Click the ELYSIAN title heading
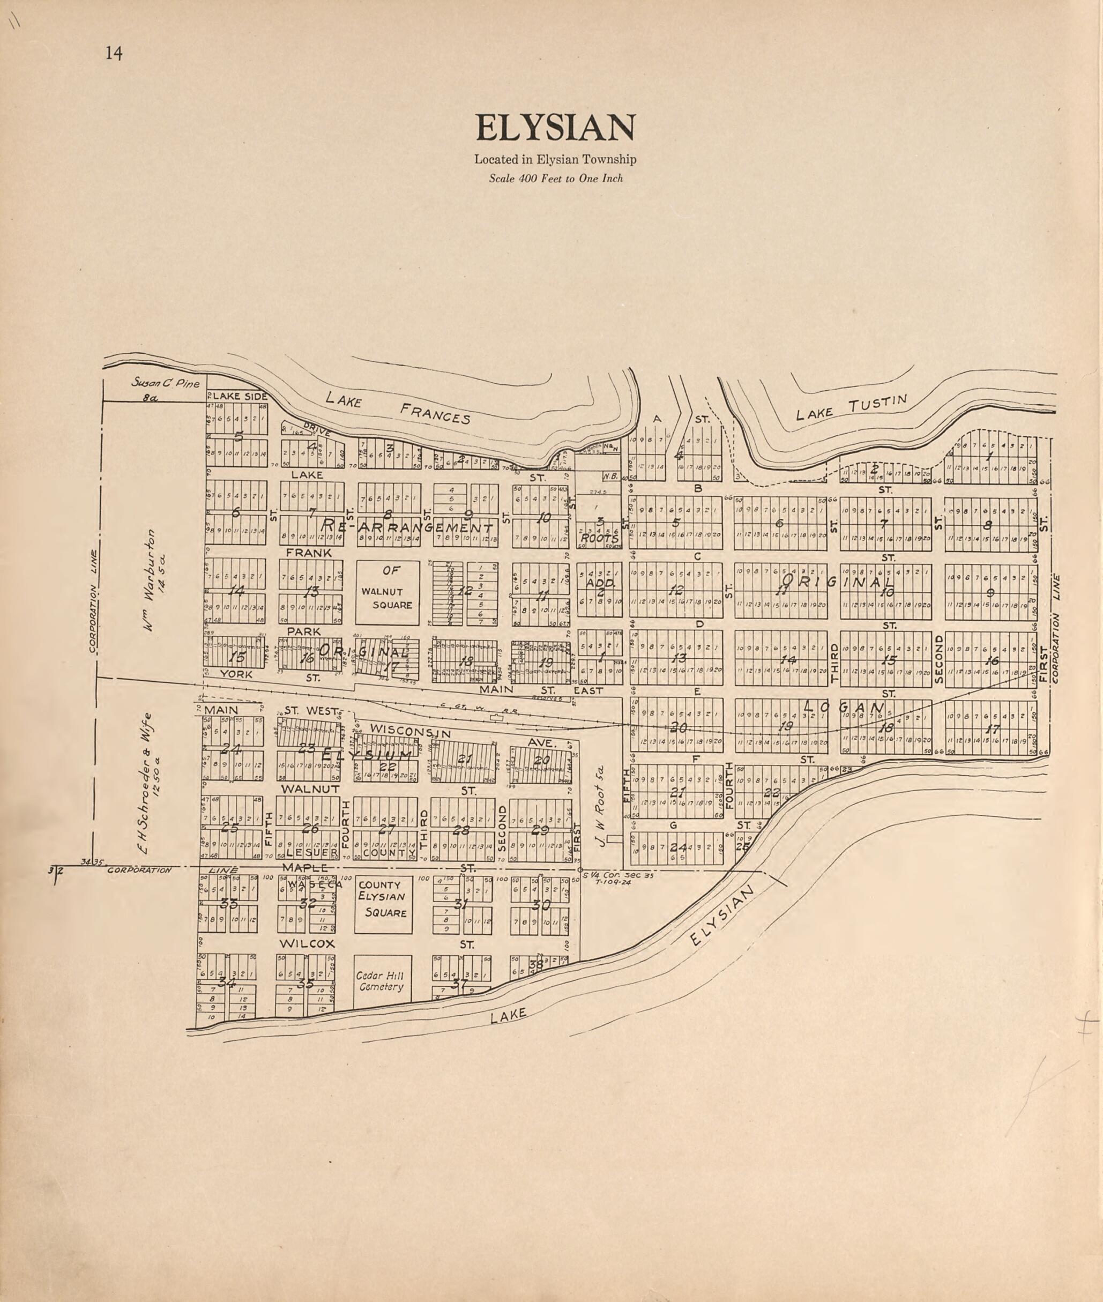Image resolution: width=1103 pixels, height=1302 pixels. (x=555, y=128)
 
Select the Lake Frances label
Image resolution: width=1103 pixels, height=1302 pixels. (x=398, y=408)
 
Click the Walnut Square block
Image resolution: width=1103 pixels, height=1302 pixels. (x=387, y=592)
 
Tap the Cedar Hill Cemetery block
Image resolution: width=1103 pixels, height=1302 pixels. (x=382, y=981)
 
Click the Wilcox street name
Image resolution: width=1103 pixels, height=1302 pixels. (x=307, y=943)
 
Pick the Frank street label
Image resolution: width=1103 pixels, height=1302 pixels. (x=308, y=553)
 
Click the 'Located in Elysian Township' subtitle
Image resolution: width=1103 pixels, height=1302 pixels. (x=555, y=160)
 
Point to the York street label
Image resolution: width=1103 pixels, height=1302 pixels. (x=236, y=675)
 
